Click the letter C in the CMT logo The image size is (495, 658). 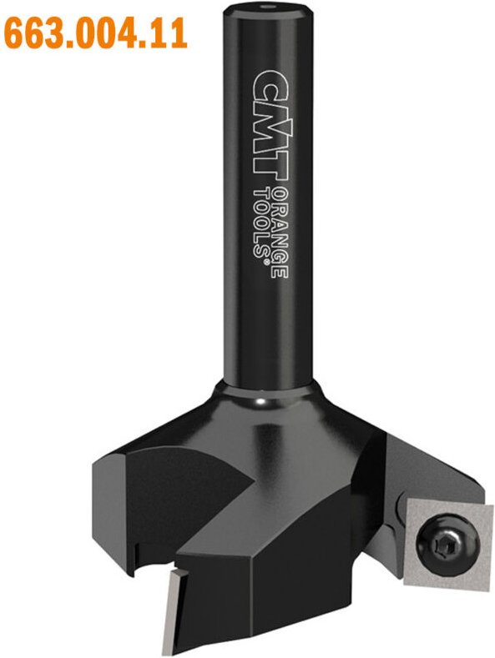(x=265, y=85)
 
